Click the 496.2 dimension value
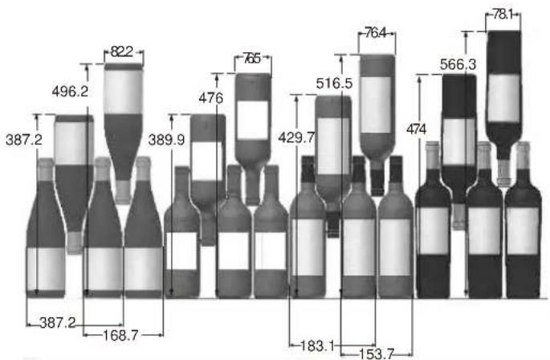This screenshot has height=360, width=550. coord(70,92)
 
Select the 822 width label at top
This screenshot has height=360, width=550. coord(122,51)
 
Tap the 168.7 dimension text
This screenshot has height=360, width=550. coord(120,335)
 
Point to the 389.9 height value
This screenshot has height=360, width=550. coord(166,140)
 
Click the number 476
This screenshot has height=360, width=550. coord(211,98)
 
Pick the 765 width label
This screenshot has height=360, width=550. coord(252,59)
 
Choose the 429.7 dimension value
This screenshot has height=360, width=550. coord(296,137)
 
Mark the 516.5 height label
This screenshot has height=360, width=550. coord(334,84)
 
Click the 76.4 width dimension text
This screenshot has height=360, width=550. coord(375,33)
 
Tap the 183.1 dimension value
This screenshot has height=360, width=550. coord(317,346)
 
